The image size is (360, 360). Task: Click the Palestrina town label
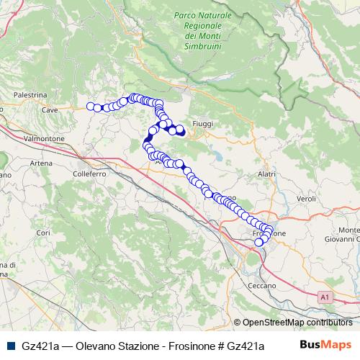[30, 94]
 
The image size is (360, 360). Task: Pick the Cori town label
[44, 233]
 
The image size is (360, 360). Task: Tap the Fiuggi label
[203, 124]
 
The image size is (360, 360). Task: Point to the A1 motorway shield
[325, 295]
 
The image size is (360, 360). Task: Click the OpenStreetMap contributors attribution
[297, 323]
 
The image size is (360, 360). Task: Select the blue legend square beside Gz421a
[11, 346]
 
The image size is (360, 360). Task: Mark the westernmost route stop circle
[91, 107]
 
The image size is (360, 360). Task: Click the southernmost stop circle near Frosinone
[258, 242]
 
